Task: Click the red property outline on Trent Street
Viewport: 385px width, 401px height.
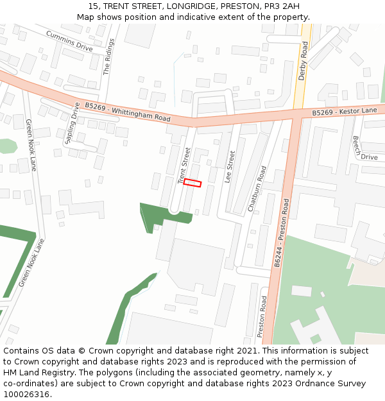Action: pos(193,183)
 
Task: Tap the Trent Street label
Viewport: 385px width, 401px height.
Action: pos(184,166)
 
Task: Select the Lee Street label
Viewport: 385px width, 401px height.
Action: pos(230,167)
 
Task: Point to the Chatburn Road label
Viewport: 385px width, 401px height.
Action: pos(257,189)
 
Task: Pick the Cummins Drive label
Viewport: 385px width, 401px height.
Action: pos(69,40)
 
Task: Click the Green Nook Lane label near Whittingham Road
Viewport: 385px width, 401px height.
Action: pos(31,144)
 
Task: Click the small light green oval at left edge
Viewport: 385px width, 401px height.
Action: pos(6,146)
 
